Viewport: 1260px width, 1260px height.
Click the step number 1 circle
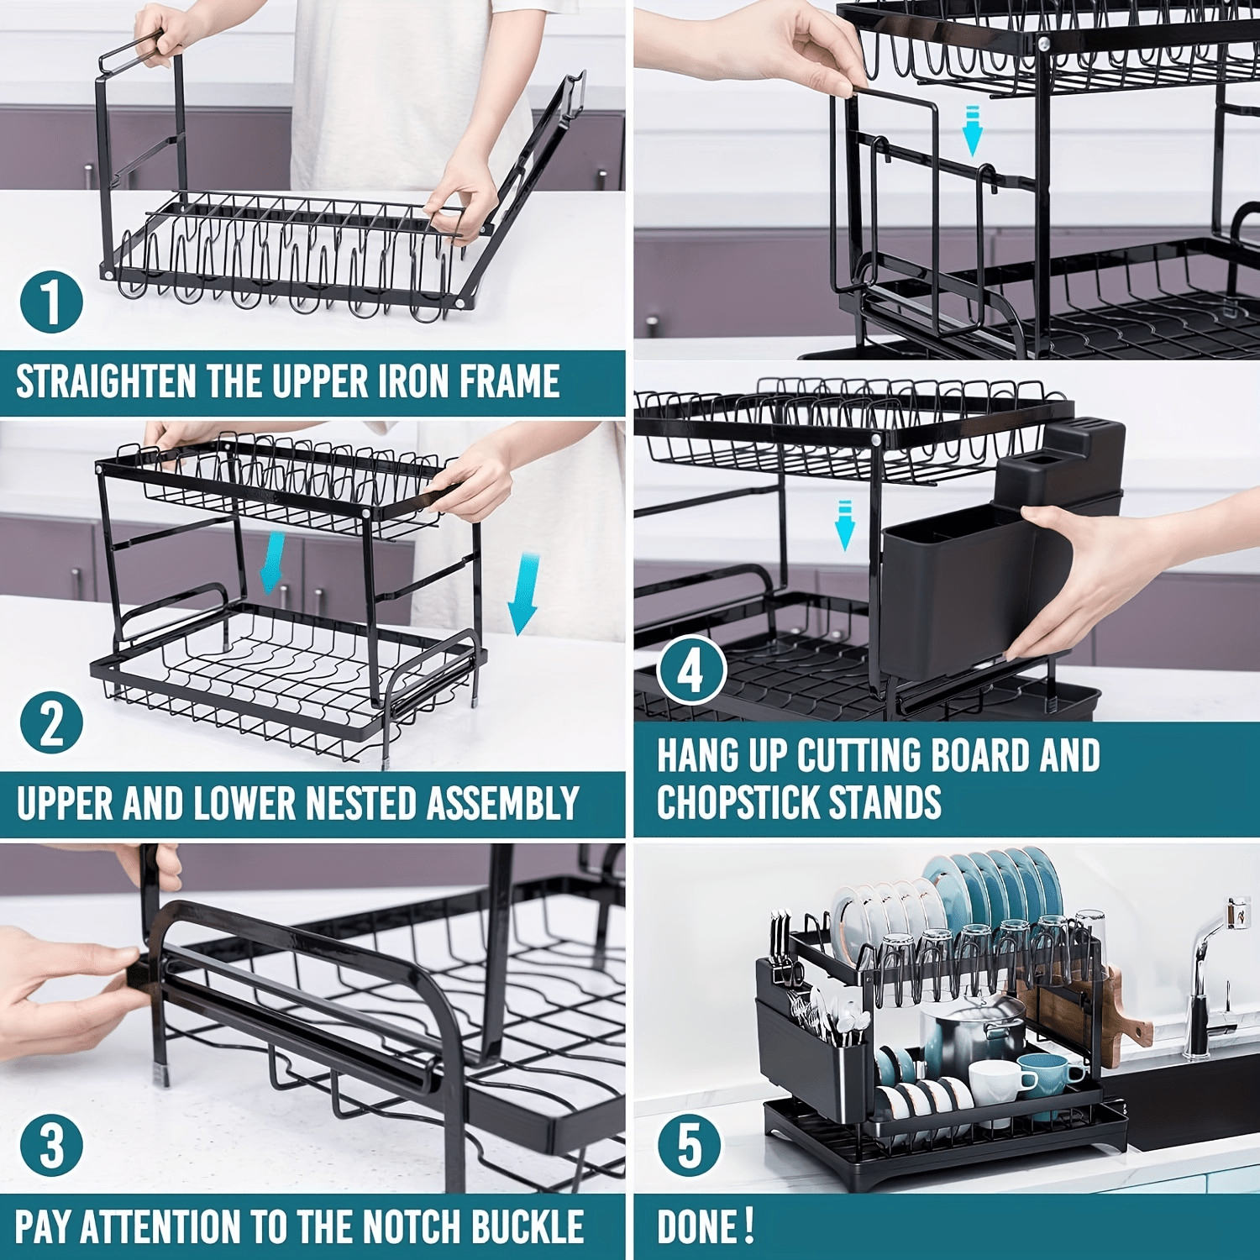(x=51, y=301)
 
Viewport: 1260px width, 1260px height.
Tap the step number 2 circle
(x=51, y=723)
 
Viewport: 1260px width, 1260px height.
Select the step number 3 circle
(x=51, y=1145)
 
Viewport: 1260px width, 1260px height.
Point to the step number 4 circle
(x=690, y=669)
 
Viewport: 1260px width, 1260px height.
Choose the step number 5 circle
(x=689, y=1145)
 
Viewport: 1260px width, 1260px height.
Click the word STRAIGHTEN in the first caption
(x=106, y=382)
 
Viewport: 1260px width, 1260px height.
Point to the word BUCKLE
(x=528, y=1226)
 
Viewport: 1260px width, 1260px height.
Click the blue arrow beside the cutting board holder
(x=972, y=131)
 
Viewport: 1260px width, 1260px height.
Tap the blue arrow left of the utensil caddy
(x=845, y=526)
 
